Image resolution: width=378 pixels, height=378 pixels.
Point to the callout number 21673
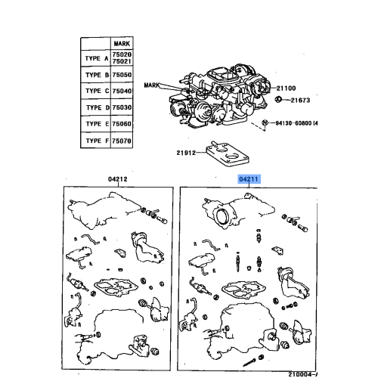pyautogui.click(x=301, y=101)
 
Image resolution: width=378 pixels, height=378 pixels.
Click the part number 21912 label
pyautogui.click(x=186, y=153)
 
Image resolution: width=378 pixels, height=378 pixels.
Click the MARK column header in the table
pyautogui.click(x=122, y=45)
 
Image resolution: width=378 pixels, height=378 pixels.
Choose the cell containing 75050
pyautogui.click(x=122, y=76)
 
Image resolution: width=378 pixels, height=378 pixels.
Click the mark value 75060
pyautogui.click(x=122, y=124)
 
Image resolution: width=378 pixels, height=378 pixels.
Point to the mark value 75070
pyautogui.click(x=122, y=141)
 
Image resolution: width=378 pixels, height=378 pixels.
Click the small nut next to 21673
pyautogui.click(x=280, y=100)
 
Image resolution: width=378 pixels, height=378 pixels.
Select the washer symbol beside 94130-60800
pyautogui.click(x=265, y=122)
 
